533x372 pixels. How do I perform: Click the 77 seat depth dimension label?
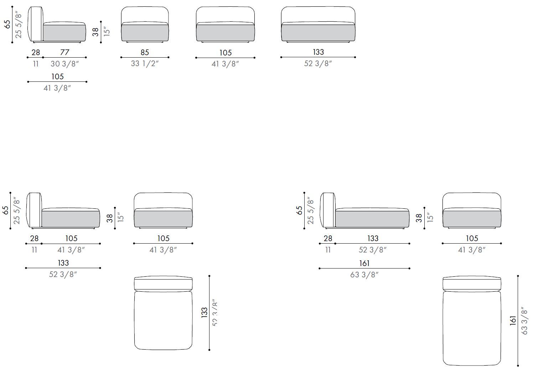click(65, 52)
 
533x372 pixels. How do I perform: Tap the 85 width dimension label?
click(145, 52)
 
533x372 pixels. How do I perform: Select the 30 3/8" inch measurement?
click(64, 64)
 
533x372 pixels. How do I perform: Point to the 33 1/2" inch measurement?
click(145, 63)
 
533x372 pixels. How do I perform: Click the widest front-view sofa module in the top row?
click(318, 24)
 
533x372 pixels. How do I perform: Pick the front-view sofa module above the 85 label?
click(145, 24)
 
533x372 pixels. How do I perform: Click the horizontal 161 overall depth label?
click(364, 263)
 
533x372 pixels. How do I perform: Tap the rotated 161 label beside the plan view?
click(513, 320)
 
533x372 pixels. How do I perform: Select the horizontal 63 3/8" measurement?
click(364, 275)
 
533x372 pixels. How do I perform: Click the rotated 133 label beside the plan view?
click(204, 313)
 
